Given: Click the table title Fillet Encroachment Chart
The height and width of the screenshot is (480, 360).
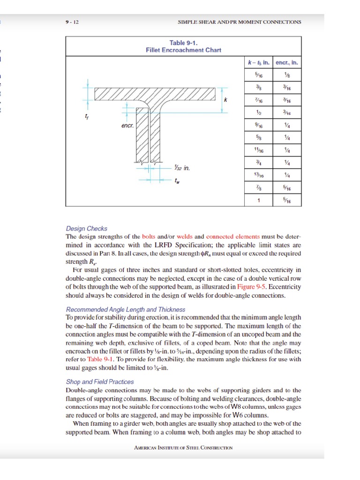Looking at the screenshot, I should tap(183, 50).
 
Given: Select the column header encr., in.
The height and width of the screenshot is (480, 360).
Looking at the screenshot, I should tap(286, 62).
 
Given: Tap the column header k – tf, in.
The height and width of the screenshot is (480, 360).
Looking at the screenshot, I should tap(258, 62).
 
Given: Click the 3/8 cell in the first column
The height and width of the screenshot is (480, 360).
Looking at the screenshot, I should tap(258, 87).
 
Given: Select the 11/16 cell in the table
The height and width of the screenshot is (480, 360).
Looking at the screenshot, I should tap(258, 150).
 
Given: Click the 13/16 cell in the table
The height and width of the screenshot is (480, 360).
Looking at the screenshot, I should tap(258, 175).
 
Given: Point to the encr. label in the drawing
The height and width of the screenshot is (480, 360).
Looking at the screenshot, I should tap(127, 126).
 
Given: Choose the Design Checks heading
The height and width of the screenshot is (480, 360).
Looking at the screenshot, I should tap(87, 229).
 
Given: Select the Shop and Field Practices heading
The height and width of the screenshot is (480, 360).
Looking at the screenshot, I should tap(100, 382).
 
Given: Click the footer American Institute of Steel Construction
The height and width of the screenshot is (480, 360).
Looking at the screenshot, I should tap(183, 447).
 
